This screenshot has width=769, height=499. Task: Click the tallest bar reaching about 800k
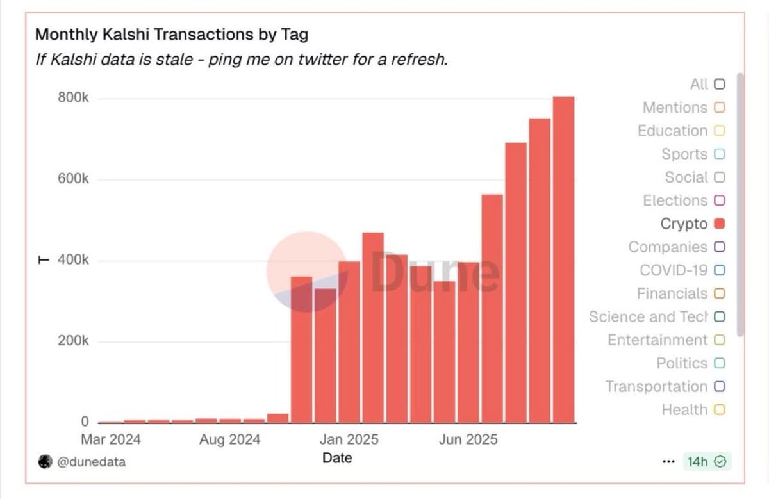point(563,259)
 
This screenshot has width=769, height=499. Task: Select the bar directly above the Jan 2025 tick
point(349,342)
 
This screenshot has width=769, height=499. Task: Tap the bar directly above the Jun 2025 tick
point(468,342)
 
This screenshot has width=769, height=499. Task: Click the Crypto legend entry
point(692,224)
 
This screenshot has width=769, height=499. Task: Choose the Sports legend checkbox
point(719,154)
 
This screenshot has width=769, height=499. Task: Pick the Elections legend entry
point(683,201)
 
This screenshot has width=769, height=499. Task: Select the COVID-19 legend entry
point(681,270)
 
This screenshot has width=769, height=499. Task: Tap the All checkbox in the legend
point(719,85)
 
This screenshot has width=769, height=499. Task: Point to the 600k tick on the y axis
point(74,179)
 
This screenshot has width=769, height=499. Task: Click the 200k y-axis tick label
point(74,341)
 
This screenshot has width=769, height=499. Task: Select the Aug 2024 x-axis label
point(230,440)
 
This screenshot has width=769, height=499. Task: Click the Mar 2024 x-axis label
point(111,440)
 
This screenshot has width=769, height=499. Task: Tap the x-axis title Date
point(337,457)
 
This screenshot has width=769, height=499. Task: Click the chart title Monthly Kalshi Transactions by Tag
point(171,34)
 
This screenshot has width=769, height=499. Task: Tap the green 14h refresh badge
point(707,461)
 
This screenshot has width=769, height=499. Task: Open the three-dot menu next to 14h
point(668,462)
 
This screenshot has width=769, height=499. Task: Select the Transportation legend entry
point(665,387)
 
